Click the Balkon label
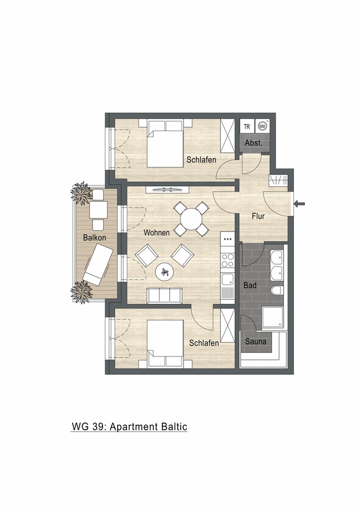(x=93, y=237)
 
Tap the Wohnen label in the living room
(x=156, y=232)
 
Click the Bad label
(x=250, y=285)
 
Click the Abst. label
(x=254, y=143)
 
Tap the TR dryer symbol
(x=247, y=127)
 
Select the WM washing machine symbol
(x=263, y=126)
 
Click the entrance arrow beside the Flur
(x=300, y=203)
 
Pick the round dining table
(x=191, y=219)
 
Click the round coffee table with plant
(x=165, y=272)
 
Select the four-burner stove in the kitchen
(x=228, y=260)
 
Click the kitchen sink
(x=228, y=280)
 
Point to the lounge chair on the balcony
(x=98, y=264)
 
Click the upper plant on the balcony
(x=82, y=193)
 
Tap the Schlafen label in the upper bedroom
(x=201, y=159)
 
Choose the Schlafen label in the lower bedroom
(x=204, y=343)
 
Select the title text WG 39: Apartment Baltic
(x=129, y=427)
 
